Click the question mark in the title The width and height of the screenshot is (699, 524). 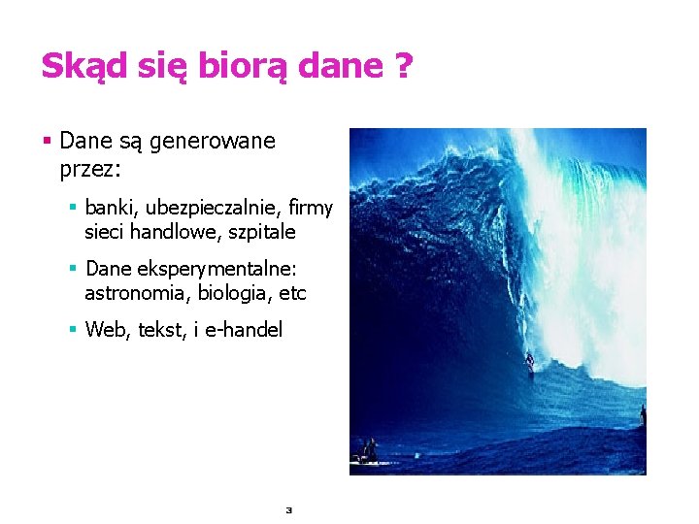pyautogui.click(x=402, y=66)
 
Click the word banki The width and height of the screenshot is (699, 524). pyautogui.click(x=112, y=209)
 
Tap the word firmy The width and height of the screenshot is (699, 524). pyautogui.click(x=312, y=209)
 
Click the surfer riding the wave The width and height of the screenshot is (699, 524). pyautogui.click(x=529, y=362)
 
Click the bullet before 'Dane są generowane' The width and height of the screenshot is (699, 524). pyautogui.click(x=47, y=142)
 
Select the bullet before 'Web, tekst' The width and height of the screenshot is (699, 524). pyautogui.click(x=72, y=330)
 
